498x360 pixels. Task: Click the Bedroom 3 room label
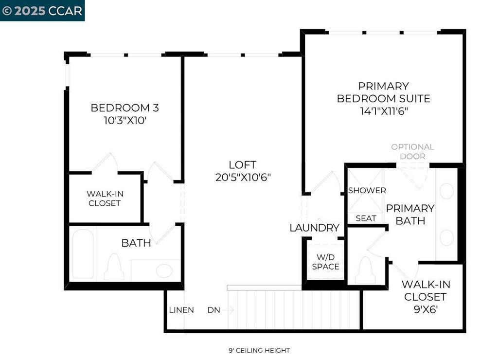(x=124, y=108)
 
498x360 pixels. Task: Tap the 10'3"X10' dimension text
(x=124, y=120)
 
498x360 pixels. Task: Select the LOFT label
(x=242, y=165)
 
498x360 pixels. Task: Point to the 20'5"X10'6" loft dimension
(x=243, y=178)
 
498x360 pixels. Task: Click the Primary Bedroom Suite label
(x=383, y=92)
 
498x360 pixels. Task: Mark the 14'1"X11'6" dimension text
(x=383, y=111)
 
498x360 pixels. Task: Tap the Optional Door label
(x=412, y=151)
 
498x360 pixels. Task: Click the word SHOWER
(x=367, y=191)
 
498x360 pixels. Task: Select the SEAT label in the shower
(x=366, y=218)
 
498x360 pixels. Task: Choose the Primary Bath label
(x=410, y=215)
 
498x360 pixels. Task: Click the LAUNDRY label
(x=314, y=228)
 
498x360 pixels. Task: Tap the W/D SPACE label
(x=325, y=262)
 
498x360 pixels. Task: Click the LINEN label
(x=181, y=310)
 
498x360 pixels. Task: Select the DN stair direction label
(x=213, y=310)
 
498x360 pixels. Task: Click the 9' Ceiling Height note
(x=259, y=350)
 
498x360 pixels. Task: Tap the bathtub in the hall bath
(x=83, y=254)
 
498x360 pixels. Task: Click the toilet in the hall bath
(x=114, y=268)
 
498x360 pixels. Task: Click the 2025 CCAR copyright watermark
(x=42, y=11)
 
